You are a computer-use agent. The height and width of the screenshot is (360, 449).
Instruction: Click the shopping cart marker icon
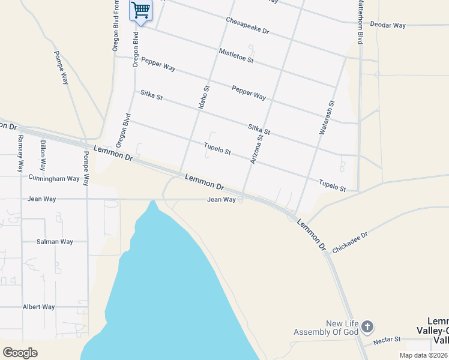(140, 10)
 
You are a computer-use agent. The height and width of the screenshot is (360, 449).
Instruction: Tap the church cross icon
(367, 327)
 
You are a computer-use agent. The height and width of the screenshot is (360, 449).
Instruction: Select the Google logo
(20, 353)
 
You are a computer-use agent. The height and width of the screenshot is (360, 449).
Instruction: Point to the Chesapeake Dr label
(247, 25)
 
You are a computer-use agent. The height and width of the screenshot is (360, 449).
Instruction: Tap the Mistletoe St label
(237, 57)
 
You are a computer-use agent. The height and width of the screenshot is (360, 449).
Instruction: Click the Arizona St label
(256, 149)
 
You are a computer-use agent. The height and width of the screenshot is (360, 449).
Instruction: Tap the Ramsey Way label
(20, 153)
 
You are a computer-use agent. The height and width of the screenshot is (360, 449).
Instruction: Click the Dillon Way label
(43, 155)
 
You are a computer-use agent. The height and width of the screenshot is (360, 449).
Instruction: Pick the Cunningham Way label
(54, 178)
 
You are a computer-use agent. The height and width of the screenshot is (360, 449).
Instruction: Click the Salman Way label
(55, 242)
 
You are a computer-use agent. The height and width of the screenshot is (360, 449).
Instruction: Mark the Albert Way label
(38, 307)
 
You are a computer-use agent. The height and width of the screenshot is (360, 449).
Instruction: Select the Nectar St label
(387, 340)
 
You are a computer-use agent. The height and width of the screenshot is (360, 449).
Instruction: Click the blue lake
(174, 288)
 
